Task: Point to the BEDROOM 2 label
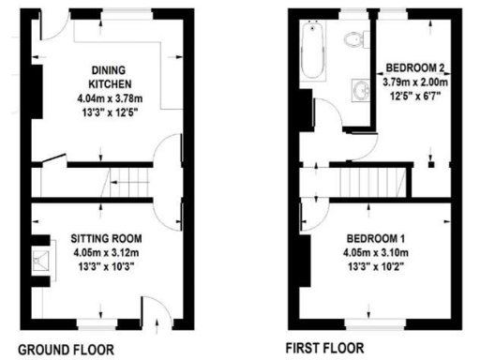point(413,68)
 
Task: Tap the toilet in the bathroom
point(353,37)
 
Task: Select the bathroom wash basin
point(362,91)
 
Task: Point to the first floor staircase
point(367,177)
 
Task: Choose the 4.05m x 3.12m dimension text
point(105,251)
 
